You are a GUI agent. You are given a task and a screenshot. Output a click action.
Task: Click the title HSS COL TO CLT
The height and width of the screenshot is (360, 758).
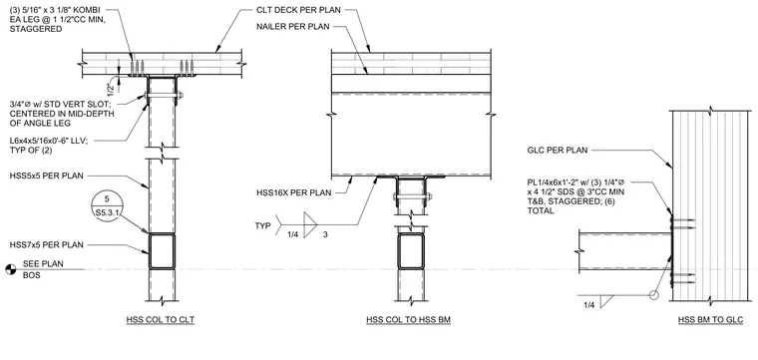pyautogui.click(x=161, y=319)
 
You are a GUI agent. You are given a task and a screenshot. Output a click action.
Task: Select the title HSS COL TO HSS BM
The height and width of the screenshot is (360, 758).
pyautogui.click(x=409, y=319)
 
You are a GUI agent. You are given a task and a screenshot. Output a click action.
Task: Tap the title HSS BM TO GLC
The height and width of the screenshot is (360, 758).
pyautogui.click(x=710, y=319)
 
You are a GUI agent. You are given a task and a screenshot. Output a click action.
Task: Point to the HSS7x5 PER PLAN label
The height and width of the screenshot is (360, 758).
pyautogui.click(x=46, y=245)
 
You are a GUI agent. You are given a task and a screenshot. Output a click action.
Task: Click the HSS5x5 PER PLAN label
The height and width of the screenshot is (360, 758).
pyautogui.click(x=46, y=176)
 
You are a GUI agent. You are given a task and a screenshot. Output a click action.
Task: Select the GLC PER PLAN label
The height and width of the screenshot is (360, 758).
pyautogui.click(x=557, y=151)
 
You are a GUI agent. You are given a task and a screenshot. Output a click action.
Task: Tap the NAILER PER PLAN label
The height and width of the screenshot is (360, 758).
pyautogui.click(x=292, y=27)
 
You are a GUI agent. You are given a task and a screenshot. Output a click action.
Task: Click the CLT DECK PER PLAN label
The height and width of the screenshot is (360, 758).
pyautogui.click(x=299, y=10)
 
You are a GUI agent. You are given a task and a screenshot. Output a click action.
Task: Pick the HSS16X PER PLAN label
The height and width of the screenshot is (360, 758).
pyautogui.click(x=294, y=193)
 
